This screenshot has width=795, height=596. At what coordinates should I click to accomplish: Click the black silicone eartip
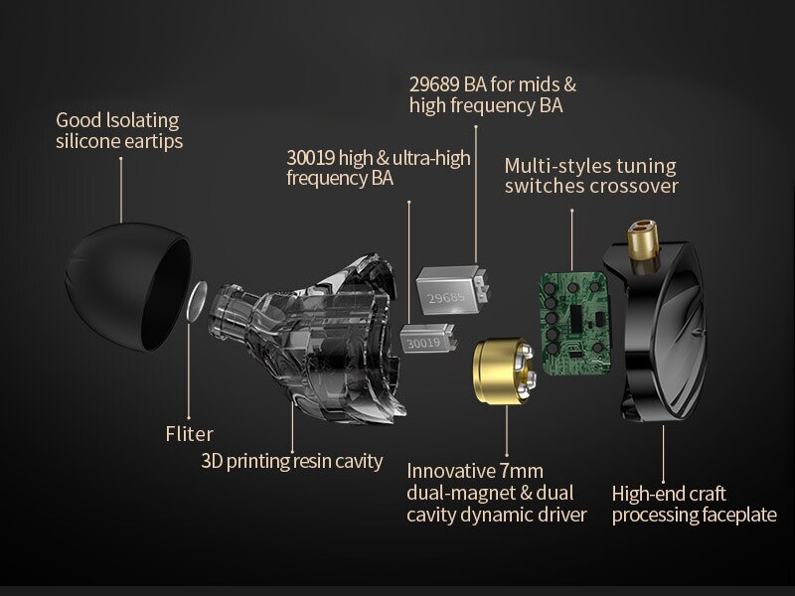tap(127, 287)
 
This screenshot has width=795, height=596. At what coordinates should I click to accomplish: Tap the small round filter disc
tap(197, 301)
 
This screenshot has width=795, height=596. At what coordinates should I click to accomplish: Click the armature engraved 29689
tap(451, 290)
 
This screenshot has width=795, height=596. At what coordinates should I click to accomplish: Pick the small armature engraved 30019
tap(427, 339)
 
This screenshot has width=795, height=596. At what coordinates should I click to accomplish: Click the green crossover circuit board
tap(574, 323)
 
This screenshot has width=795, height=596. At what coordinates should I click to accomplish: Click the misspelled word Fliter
tap(189, 434)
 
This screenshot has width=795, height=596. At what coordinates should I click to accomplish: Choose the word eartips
tap(154, 142)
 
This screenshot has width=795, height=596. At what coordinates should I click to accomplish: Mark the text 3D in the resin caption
tap(212, 461)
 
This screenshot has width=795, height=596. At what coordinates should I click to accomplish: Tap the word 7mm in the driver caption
tap(521, 471)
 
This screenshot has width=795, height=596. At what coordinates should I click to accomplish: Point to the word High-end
tap(644, 494)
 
